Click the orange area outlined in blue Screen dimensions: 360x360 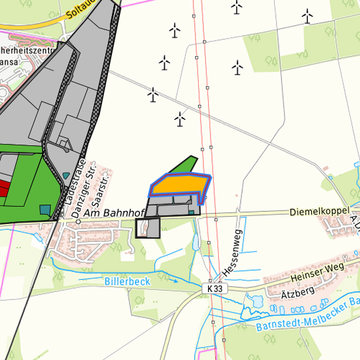[179, 183]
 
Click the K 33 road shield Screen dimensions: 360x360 [213, 289]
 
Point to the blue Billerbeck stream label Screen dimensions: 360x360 [127, 281]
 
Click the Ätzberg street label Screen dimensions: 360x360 [297, 293]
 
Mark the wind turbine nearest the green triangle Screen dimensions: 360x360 [179, 119]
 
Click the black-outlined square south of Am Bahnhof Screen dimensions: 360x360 [148, 228]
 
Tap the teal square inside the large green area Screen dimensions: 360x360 [45, 209]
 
